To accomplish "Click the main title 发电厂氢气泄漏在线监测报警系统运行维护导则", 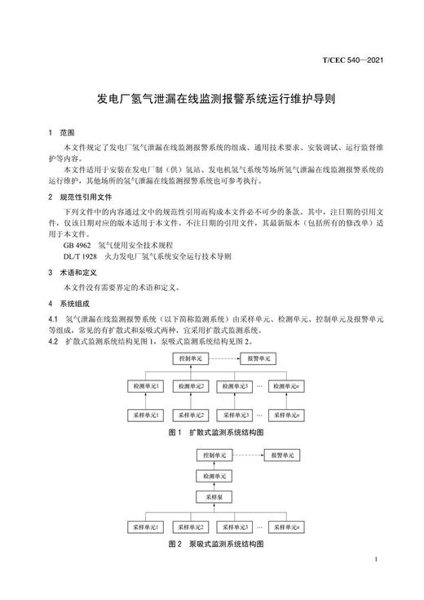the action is coord(212,96).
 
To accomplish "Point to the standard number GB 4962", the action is coord(77,244).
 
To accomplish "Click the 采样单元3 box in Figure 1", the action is coord(236,414).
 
